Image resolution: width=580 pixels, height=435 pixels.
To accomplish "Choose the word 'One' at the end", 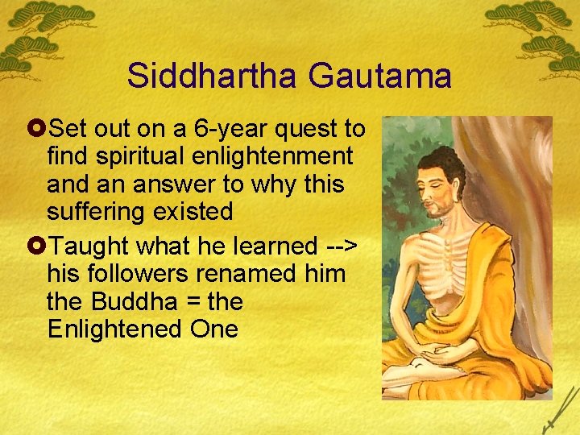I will [215, 330].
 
